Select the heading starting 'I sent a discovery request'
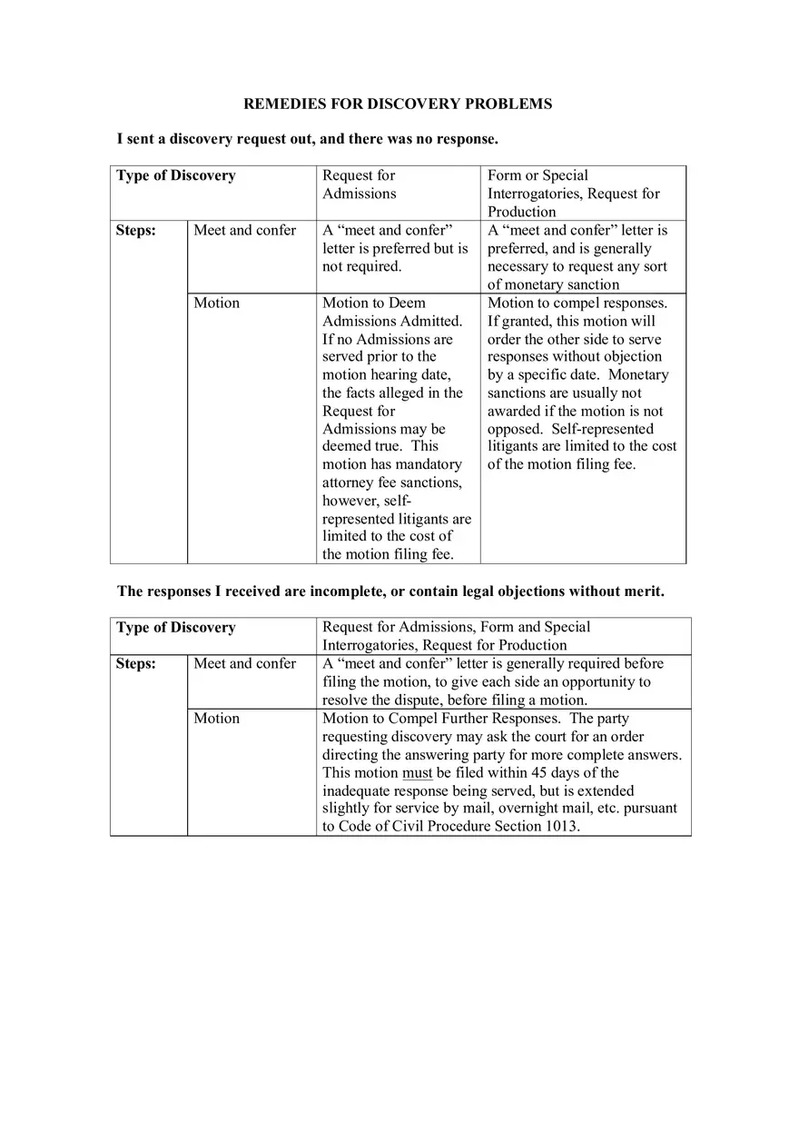pos(307,139)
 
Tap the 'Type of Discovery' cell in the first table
pos(175,175)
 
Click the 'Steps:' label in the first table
pos(135,230)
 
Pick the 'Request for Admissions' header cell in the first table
pos(360,184)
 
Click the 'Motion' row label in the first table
pos(216,303)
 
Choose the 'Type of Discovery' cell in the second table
pos(175,627)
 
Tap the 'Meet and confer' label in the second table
pos(244,663)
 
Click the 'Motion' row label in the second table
pos(216,718)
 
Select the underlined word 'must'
pos(417,772)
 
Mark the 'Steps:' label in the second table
pos(135,663)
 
